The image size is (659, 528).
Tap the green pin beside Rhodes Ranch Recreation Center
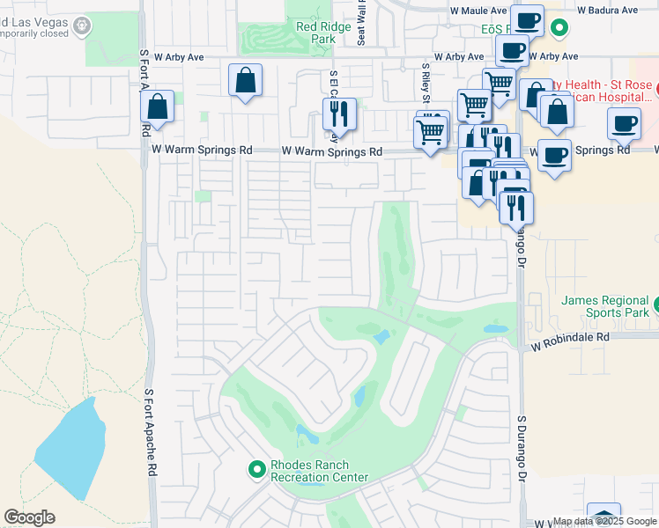point(257,470)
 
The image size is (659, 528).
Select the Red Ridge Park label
point(316,33)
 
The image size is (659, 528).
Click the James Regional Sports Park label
point(606,305)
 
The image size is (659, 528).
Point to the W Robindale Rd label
point(570,337)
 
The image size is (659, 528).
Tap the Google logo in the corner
point(29,517)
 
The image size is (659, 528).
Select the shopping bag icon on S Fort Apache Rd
point(157,107)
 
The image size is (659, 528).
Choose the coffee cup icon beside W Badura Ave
point(527,20)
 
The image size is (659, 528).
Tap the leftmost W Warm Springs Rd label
point(202,150)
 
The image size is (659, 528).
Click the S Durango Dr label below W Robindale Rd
point(522,450)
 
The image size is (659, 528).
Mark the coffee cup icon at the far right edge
point(625,124)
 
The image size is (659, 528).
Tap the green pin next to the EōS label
point(559,28)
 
